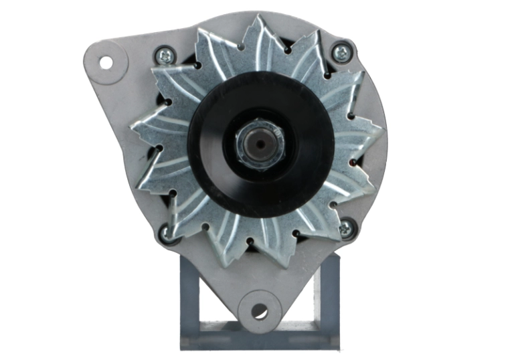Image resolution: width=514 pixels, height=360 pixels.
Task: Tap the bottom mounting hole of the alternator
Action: tap(260, 312)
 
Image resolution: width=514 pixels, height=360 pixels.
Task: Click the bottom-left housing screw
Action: tap(164, 232)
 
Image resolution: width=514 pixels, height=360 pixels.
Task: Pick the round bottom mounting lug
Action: tap(260, 309)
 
